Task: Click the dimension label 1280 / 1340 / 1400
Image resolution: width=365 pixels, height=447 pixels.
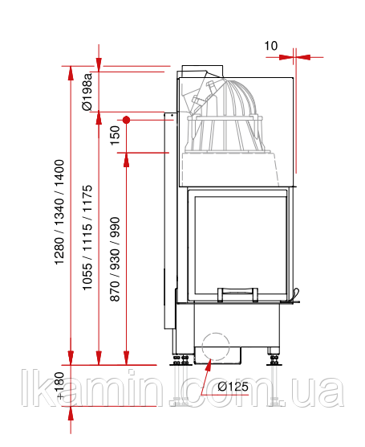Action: [59, 212]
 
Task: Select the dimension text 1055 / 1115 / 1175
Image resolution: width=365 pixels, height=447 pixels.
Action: [87, 238]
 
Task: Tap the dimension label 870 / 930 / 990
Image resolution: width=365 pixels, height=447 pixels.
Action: [116, 259]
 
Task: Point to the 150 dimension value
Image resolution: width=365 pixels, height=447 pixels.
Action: [116, 135]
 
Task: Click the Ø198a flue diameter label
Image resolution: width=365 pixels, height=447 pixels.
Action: [87, 92]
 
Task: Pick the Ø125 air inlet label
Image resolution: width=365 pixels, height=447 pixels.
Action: [233, 387]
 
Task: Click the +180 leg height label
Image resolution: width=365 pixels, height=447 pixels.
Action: [59, 385]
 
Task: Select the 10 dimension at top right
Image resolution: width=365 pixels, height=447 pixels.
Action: [270, 46]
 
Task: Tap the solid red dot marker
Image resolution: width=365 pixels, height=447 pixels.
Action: [127, 120]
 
